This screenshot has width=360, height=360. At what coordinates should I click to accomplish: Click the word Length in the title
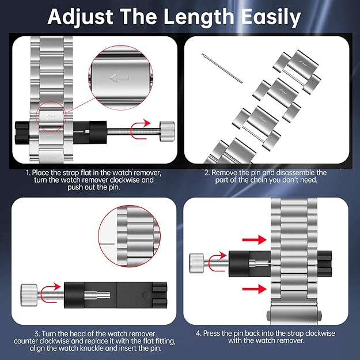tap(198, 17)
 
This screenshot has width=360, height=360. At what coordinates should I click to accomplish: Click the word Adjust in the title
tap(80, 17)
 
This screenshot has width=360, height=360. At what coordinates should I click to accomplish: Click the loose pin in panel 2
tap(222, 68)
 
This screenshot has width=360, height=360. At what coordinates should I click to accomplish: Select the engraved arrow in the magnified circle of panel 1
tap(119, 78)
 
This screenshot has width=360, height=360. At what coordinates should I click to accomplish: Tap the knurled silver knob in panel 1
tap(167, 131)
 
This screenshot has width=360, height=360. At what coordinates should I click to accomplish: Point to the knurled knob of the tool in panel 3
tap(29, 295)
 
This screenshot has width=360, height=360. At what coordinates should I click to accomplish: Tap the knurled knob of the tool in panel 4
tap(196, 263)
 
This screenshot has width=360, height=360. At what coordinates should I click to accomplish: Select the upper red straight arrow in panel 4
tap(255, 240)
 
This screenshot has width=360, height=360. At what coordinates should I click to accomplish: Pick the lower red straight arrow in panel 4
tap(255, 289)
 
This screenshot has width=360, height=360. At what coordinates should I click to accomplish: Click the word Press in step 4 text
tap(211, 333)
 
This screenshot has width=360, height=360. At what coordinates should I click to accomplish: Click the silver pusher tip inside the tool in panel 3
tap(97, 295)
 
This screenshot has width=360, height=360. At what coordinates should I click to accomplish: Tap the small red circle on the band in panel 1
tap(51, 117)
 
